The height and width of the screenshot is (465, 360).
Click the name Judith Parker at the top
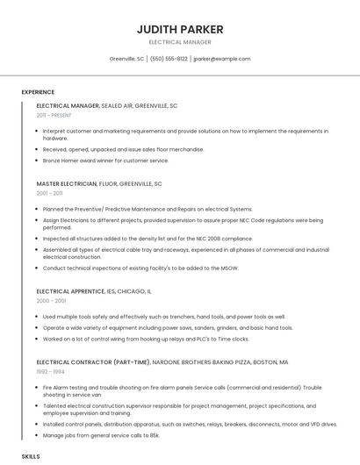coord(180,29)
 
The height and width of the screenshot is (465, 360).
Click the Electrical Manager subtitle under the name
coord(180,42)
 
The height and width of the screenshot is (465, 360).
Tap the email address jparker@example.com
coord(222,59)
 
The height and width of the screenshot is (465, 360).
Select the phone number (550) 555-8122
coord(169,59)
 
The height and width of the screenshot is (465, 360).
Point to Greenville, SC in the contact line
coord(126,59)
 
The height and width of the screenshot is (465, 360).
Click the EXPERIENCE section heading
coord(38,92)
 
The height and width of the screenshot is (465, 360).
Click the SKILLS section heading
coord(31,457)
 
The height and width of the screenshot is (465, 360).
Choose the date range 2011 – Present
coord(54,115)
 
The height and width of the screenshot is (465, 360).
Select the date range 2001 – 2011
coord(49,193)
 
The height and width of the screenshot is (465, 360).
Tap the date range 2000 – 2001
coord(51,300)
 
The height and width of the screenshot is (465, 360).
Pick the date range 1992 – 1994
coord(50,371)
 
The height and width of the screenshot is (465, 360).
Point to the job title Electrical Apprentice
coord(70,290)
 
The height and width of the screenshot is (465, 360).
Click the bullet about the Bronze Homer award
coord(105,161)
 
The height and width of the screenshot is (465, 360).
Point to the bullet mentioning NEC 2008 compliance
coord(148,238)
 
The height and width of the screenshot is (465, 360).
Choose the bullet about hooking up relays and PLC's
coord(146,339)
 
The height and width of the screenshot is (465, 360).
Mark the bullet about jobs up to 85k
coord(101,435)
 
